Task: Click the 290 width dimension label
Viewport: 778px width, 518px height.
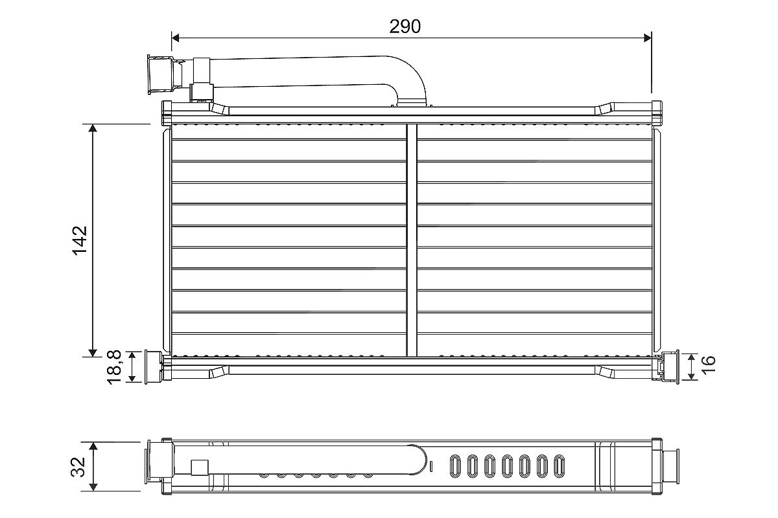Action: pos(405,27)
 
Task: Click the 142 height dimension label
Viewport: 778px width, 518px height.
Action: pos(80,240)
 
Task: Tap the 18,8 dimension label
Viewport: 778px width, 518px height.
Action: pos(114,367)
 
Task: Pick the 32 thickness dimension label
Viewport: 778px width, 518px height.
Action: pos(78,467)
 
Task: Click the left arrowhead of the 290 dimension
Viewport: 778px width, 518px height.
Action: pos(176,38)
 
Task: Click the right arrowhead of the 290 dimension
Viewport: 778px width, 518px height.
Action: pos(648,38)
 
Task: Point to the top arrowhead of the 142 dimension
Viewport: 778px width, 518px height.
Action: pos(92,128)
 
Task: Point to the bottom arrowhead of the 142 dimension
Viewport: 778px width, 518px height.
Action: pos(92,353)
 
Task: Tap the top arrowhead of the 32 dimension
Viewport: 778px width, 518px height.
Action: pos(93,446)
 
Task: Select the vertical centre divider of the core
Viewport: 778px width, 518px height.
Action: pos(412,240)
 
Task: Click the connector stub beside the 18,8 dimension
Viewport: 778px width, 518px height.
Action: pos(154,366)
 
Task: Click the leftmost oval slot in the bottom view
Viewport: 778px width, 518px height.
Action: pos(454,466)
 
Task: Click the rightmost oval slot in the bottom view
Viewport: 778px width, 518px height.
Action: pos(559,466)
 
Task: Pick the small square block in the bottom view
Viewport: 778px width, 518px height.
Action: pos(200,467)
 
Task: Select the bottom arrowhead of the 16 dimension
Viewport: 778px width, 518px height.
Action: pos(692,376)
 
